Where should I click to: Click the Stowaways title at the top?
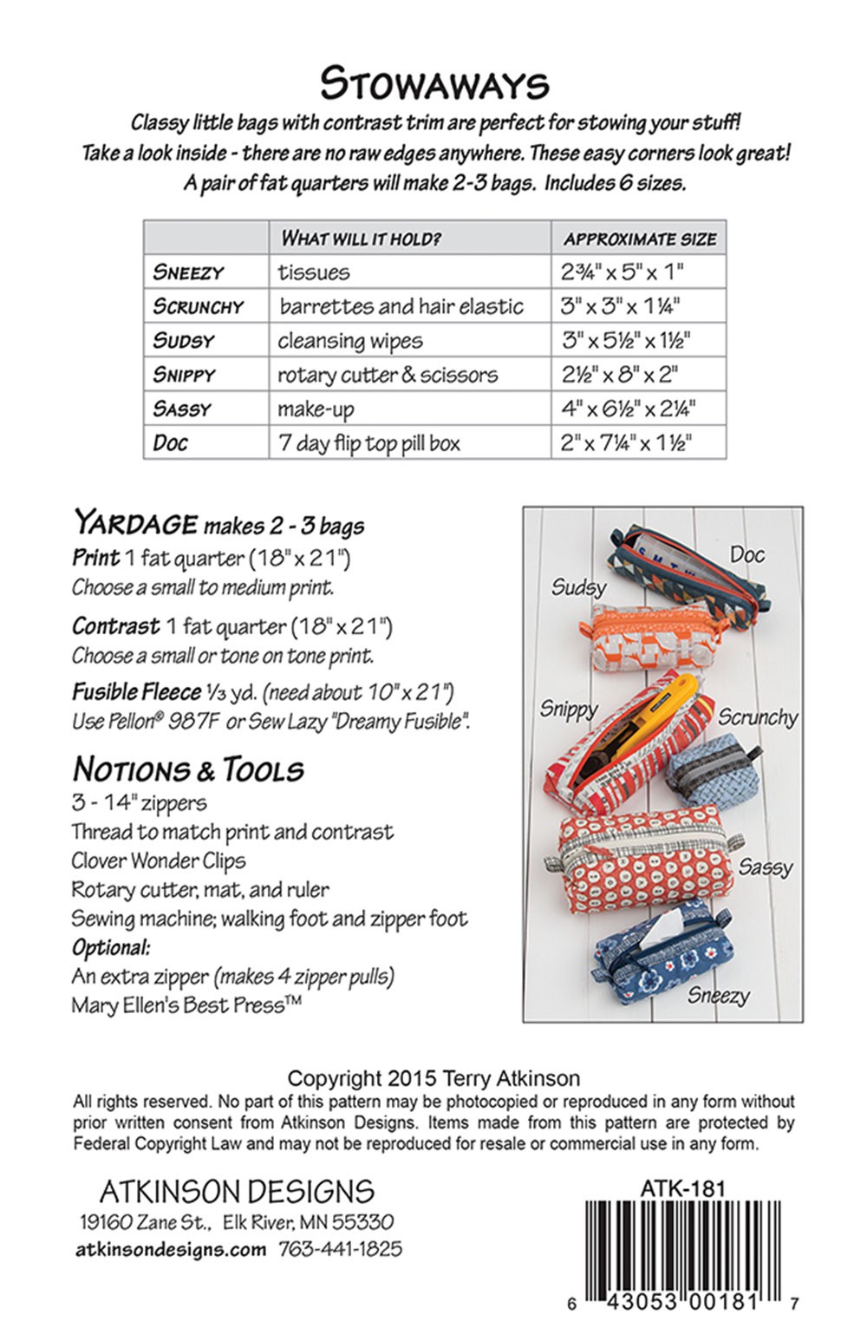point(433,85)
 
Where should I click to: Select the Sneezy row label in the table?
point(188,272)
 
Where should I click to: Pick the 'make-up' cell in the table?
point(316,409)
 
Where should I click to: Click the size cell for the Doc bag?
point(626,443)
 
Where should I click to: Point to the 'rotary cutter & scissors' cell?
point(388,375)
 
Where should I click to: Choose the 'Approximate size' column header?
point(640,239)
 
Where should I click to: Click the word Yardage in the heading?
point(135,523)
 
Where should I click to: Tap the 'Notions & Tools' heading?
point(188,769)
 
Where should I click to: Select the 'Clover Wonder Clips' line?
point(159,860)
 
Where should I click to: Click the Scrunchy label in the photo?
point(758,717)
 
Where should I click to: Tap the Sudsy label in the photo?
point(578,587)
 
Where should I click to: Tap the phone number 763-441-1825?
point(341,1249)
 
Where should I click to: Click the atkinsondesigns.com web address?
point(171,1249)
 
